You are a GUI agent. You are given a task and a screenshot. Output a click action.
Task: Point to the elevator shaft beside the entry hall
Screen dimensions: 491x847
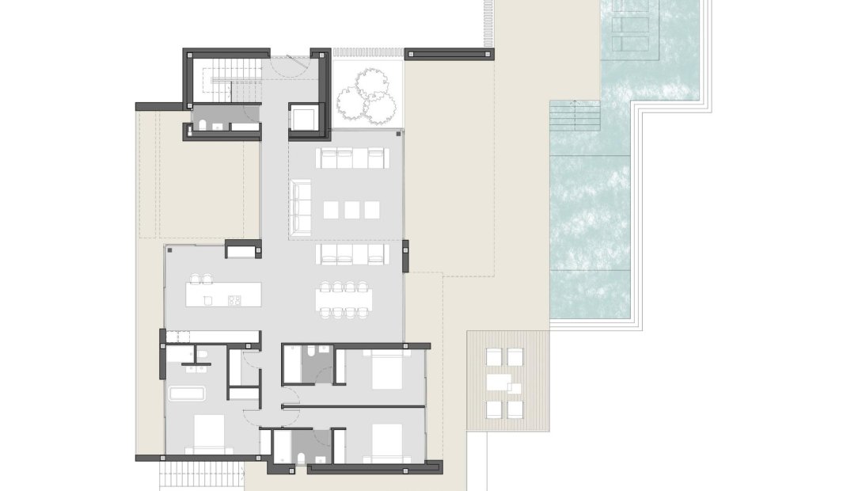(305, 118)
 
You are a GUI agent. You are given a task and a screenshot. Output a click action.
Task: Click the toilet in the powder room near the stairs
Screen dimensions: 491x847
(203, 124)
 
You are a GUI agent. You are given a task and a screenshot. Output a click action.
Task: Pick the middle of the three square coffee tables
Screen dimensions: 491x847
(351, 209)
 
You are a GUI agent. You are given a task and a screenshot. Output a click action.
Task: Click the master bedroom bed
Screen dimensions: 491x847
(207, 434)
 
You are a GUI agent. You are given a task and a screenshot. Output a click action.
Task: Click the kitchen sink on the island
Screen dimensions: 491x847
(207, 299)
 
